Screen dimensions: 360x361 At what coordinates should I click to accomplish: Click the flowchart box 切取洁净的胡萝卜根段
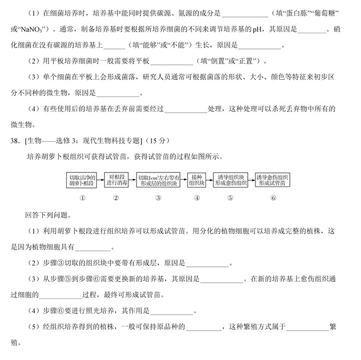click(82, 180)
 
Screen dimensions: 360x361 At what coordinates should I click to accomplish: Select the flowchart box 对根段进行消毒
click(116, 180)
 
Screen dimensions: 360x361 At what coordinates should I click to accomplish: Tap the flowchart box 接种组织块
click(197, 180)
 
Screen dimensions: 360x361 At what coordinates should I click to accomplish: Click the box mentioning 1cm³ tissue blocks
click(158, 180)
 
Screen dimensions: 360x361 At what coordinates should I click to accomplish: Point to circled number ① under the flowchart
click(82, 197)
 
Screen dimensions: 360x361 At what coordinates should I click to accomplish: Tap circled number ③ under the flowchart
click(158, 197)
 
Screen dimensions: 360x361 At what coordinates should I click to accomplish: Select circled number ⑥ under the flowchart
click(273, 197)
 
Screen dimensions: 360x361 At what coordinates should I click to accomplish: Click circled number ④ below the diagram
click(197, 197)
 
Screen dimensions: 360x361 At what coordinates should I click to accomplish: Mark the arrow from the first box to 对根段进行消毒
click(100, 180)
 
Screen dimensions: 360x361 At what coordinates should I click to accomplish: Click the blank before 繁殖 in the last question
click(308, 327)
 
